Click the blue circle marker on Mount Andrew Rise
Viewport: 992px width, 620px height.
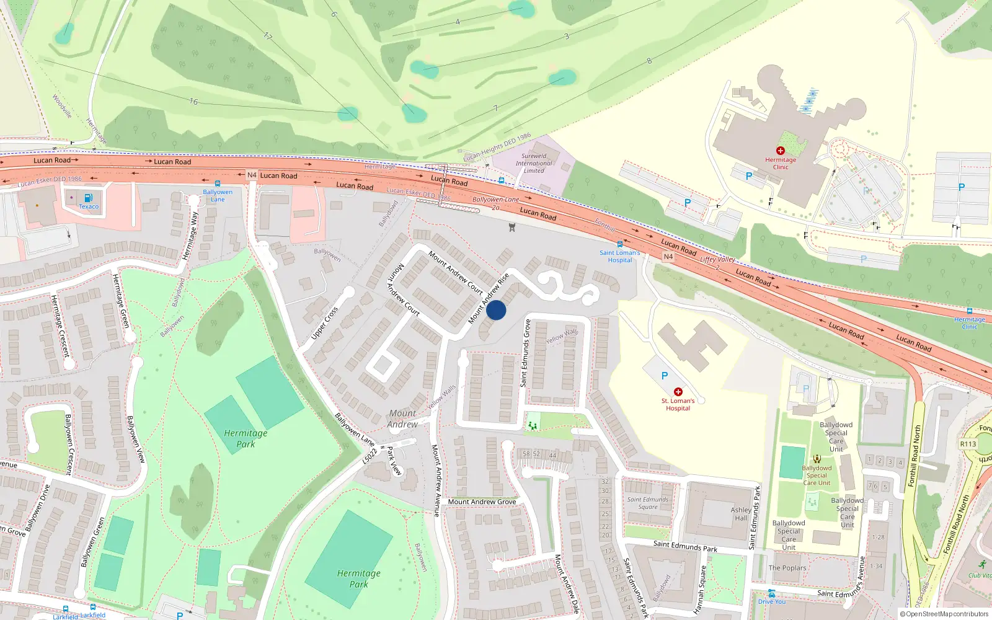point(496,310)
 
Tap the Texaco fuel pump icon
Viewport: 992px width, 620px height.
point(88,198)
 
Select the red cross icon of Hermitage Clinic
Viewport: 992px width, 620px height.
point(781,151)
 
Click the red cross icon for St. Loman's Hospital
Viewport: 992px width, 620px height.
point(678,392)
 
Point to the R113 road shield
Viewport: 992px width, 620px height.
point(968,444)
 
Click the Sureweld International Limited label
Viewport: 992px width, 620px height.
point(534,164)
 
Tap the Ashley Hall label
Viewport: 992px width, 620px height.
point(741,514)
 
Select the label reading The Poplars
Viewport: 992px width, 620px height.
point(787,568)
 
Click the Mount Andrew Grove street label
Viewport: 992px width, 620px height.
point(482,502)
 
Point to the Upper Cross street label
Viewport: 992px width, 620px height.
point(324,323)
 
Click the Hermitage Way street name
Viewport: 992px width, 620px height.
point(190,236)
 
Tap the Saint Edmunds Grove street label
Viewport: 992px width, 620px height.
point(526,353)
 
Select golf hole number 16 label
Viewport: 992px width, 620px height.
point(193,102)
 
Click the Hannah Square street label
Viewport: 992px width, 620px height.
point(700,590)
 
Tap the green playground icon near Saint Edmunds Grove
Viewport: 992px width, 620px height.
point(532,425)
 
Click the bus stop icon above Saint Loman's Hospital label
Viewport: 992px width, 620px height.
point(619,244)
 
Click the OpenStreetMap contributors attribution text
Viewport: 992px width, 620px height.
point(944,614)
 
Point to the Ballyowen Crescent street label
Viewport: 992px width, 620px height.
point(69,445)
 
